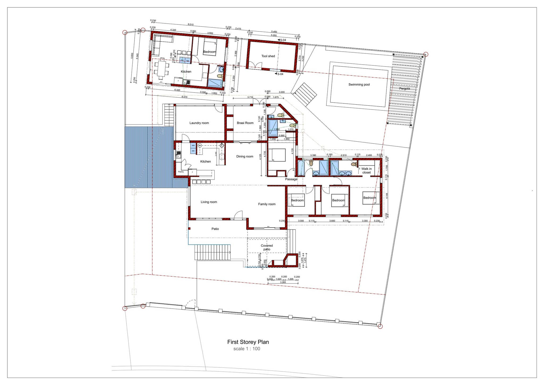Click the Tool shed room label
point(268,56)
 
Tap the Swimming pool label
point(359,85)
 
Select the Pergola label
point(404,89)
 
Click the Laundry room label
point(199,123)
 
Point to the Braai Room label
point(245,123)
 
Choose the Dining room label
point(245,156)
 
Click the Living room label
point(209,202)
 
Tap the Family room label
point(267,204)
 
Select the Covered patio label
point(267,247)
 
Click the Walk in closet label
point(366,171)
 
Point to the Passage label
point(291,179)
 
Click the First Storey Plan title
point(248,342)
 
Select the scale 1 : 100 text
point(247,349)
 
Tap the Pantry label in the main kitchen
point(181,172)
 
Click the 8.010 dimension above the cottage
point(190,24)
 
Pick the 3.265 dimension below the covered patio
point(283,282)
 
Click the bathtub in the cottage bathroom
point(215,83)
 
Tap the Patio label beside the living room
point(215,229)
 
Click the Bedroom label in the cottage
point(210,52)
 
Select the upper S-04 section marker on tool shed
point(282,40)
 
